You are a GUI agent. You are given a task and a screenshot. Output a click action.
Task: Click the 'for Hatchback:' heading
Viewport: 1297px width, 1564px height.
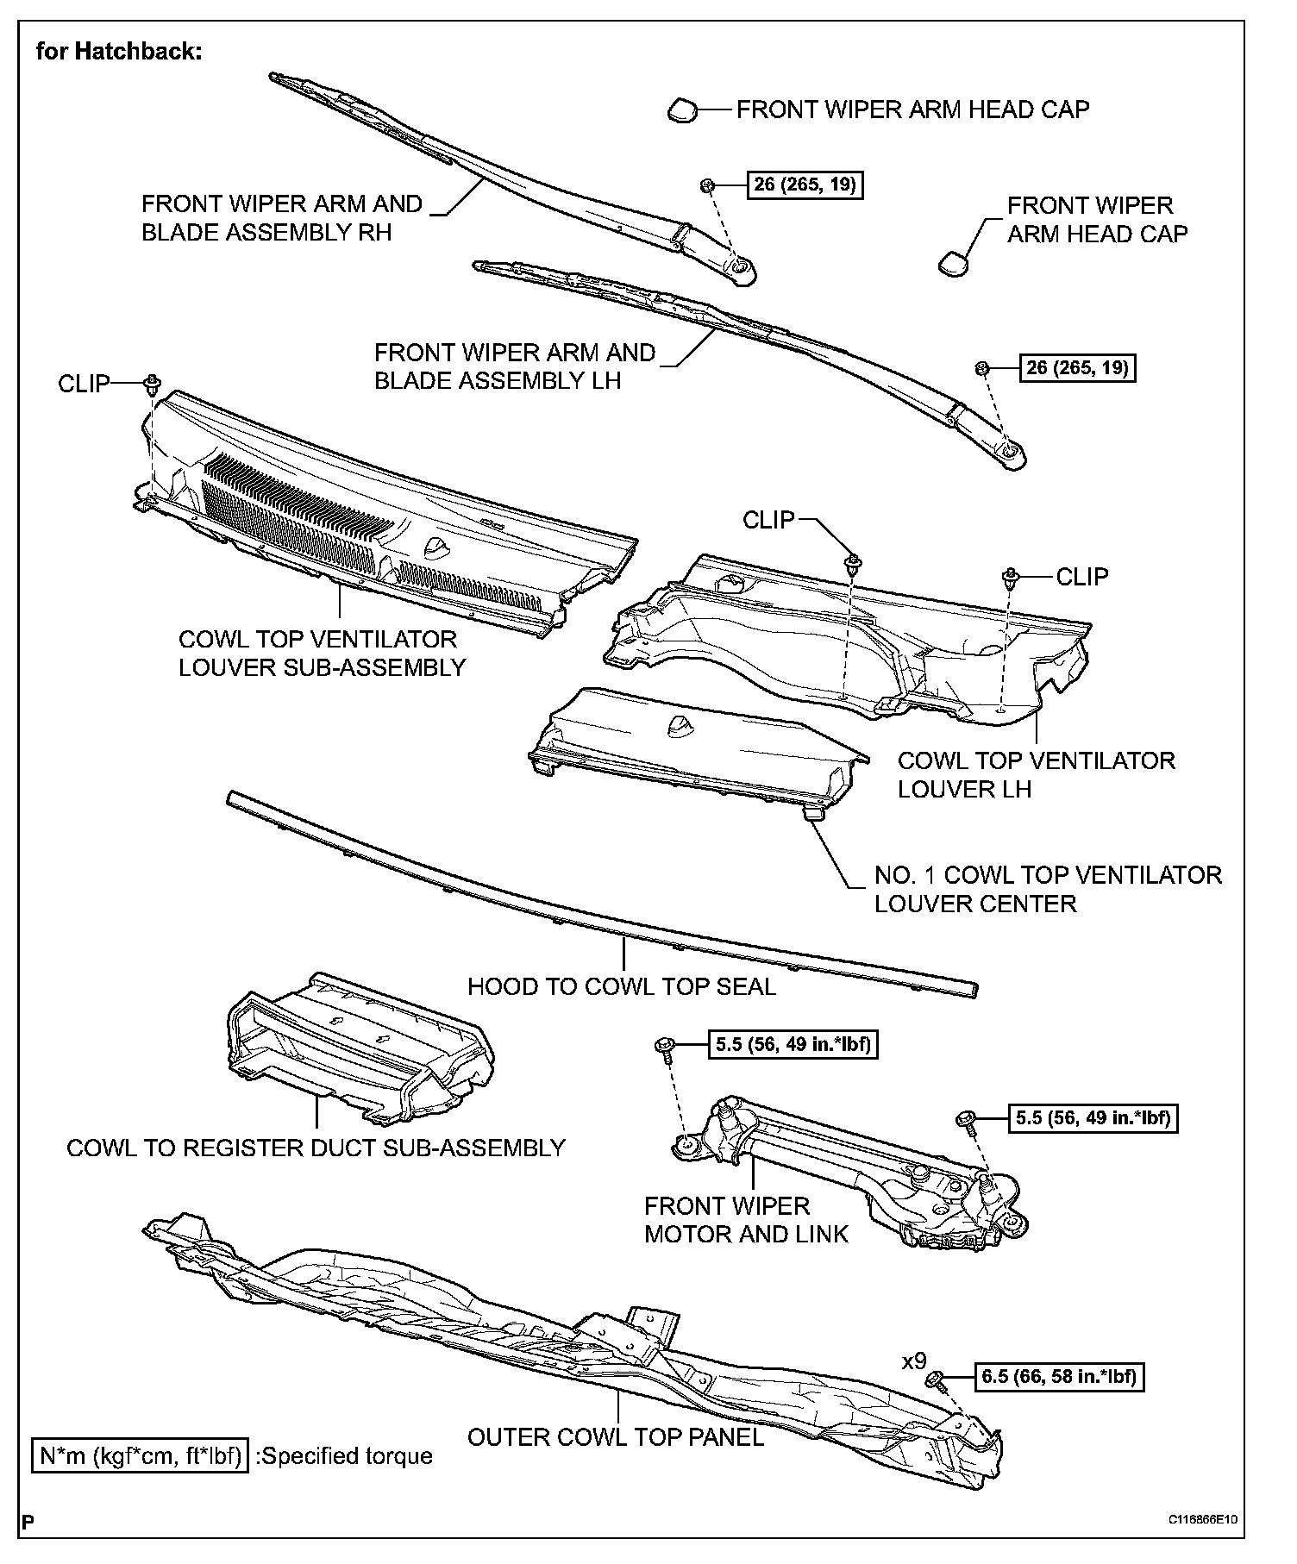[119, 52]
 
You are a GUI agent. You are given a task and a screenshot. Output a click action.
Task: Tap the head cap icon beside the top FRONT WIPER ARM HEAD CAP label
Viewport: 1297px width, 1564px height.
[681, 109]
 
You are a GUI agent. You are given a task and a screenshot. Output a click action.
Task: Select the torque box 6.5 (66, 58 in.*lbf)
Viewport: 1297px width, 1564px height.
[1059, 1376]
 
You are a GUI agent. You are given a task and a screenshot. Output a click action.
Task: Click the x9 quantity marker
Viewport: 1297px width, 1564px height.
[913, 1361]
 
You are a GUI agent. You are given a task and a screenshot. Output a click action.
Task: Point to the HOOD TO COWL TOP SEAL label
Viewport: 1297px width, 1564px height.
[621, 986]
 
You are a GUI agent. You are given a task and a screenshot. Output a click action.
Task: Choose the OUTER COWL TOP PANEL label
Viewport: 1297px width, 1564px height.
[616, 1436]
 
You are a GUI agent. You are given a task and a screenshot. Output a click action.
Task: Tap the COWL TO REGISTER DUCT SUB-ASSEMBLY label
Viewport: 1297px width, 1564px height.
[316, 1148]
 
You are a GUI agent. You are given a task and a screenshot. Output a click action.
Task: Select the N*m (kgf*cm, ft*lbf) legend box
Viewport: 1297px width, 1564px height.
[140, 1456]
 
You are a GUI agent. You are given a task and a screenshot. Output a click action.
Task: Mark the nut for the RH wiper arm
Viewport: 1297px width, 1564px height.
[706, 185]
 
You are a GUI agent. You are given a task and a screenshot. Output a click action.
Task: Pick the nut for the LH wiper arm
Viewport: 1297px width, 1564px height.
[981, 368]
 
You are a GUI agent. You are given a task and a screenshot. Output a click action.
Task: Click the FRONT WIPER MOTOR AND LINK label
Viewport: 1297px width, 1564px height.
[746, 1219]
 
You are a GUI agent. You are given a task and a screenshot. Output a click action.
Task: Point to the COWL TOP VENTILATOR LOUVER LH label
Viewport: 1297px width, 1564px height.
[1036, 774]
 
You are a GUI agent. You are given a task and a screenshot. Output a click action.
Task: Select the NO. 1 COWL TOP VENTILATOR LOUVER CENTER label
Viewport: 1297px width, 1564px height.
[1048, 889]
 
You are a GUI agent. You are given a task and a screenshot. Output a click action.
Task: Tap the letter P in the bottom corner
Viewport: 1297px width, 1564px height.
[28, 1522]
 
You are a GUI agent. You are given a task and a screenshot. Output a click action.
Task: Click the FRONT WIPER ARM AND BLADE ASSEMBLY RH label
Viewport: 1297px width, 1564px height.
[281, 218]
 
